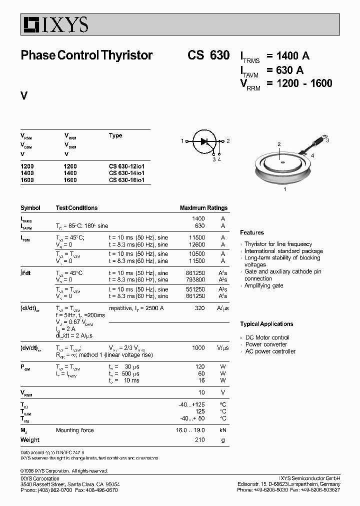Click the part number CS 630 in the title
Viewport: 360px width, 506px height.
point(208,55)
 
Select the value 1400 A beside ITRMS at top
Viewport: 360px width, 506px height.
point(288,56)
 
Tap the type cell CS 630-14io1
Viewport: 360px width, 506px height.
point(126,173)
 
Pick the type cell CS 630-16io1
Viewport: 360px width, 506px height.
point(126,180)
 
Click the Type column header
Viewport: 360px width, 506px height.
point(115,135)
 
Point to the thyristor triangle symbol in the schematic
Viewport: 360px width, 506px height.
point(204,141)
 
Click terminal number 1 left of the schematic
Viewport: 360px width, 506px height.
point(182,141)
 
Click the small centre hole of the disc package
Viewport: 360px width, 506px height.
point(282,162)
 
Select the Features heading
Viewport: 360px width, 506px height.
point(252,232)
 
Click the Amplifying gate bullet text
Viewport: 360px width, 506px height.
point(263,285)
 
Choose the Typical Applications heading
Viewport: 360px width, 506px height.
point(266,324)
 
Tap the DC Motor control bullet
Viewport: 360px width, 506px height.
point(266,337)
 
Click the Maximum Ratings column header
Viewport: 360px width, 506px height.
point(203,208)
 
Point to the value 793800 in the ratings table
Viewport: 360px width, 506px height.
point(195,280)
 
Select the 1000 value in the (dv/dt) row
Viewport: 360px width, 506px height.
point(198,348)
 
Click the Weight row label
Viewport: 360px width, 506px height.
point(30,440)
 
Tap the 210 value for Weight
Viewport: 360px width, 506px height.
point(200,440)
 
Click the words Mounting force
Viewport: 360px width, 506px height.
point(74,430)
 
